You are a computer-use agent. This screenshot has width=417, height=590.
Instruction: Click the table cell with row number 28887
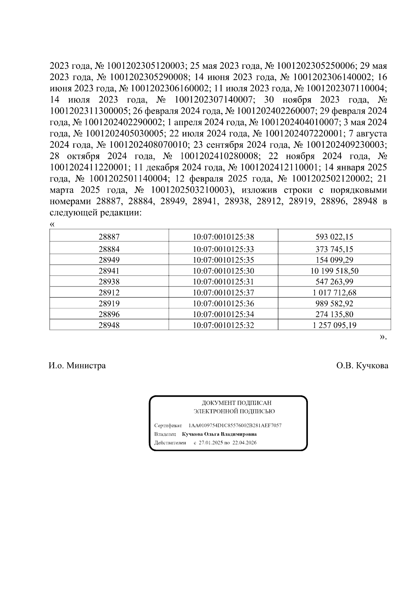coord(109,237)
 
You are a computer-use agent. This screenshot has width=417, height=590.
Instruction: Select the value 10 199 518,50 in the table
coord(334,271)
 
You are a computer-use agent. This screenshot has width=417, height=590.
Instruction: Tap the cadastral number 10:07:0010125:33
coord(223,249)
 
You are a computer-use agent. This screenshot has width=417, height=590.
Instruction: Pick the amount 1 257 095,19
coord(334,325)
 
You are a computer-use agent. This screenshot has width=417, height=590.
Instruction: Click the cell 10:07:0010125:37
coord(223,293)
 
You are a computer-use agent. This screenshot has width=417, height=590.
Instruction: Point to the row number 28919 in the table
coord(109,304)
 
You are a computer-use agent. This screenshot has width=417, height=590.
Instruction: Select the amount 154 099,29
coord(334,260)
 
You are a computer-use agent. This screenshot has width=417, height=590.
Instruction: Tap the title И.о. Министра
coord(77,366)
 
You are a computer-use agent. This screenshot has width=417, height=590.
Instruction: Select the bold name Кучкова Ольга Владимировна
coord(219,434)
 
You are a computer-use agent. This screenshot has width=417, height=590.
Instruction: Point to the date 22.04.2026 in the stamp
coord(245,443)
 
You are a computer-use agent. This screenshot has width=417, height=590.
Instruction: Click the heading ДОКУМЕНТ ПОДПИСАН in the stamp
coord(236,403)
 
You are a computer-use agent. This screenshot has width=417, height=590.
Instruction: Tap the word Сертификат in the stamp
coord(168,426)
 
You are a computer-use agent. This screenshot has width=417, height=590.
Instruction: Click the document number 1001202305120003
coord(146,66)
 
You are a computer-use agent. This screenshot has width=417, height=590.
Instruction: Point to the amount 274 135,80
coord(334,315)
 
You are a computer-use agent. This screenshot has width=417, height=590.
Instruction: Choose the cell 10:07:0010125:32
coord(223,325)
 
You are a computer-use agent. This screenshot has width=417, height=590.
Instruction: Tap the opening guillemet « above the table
coord(52,224)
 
